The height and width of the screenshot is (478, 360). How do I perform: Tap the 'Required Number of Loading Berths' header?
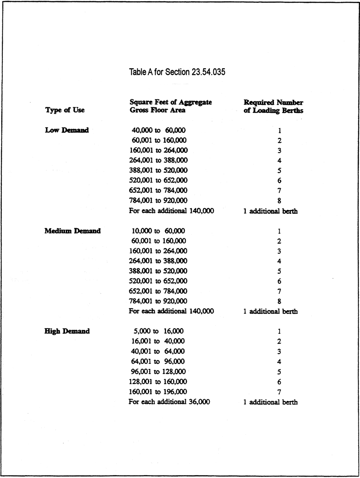click(x=273, y=106)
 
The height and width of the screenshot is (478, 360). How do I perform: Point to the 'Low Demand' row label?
click(x=67, y=131)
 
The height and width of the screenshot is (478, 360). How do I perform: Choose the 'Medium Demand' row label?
click(x=72, y=231)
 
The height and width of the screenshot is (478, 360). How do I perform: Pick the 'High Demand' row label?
click(x=67, y=331)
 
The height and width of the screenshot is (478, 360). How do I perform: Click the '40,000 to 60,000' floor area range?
click(x=158, y=131)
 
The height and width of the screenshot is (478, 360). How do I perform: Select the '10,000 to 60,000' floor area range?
click(x=158, y=231)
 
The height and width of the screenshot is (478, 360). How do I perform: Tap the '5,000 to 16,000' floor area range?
click(x=158, y=331)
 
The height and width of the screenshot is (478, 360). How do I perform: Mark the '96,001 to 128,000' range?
click(x=158, y=372)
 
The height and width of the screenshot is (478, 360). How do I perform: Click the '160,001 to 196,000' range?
click(x=158, y=392)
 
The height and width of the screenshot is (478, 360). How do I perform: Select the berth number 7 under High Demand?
click(x=279, y=392)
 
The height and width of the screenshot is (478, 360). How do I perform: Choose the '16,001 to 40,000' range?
click(x=158, y=341)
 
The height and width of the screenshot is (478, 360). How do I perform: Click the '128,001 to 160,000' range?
click(x=158, y=382)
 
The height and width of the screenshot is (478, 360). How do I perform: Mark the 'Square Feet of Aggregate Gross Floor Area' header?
click(x=170, y=106)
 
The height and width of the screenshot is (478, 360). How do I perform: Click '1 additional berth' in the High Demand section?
click(x=270, y=402)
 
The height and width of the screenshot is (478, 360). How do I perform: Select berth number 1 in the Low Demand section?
click(x=279, y=131)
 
